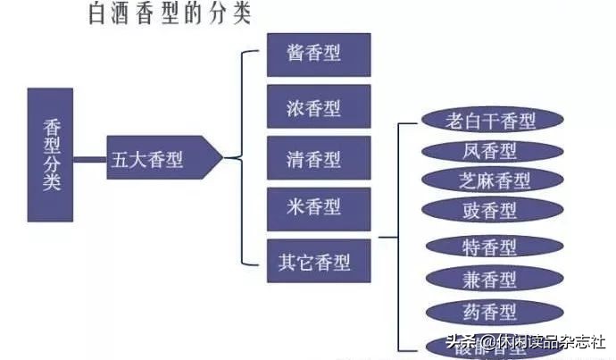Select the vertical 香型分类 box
point(50,155)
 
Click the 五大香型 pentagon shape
point(161,159)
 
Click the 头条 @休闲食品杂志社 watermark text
point(527,343)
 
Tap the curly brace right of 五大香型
point(238,158)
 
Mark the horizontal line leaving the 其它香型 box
point(387,238)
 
